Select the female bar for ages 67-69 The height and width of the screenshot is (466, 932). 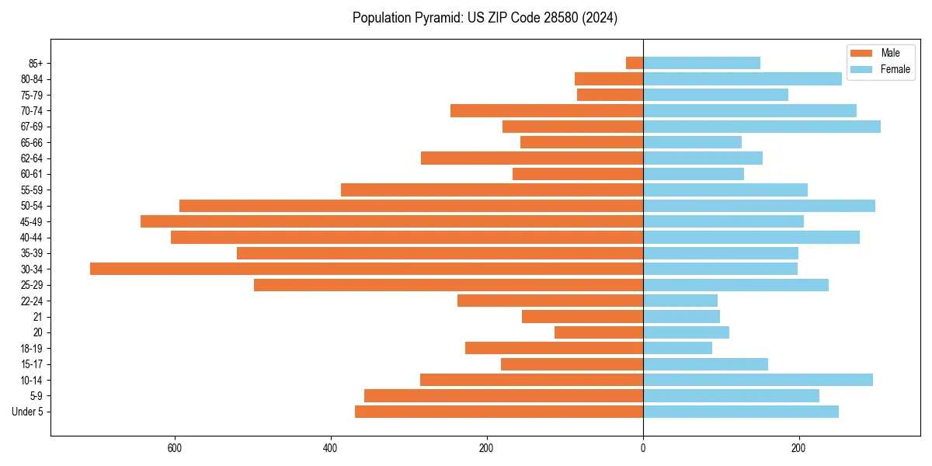coord(761,127)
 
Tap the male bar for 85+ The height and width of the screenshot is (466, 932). coord(635,63)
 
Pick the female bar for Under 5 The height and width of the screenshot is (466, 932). coord(740,412)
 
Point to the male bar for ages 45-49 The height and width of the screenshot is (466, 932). coord(391,221)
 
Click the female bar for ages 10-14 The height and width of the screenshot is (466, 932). coord(757,380)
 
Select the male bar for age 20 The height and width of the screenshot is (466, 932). coord(599,332)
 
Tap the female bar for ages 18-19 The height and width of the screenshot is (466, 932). coord(677,348)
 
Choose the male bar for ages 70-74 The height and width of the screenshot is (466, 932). coord(547,110)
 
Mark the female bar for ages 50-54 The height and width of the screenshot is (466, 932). coord(759,206)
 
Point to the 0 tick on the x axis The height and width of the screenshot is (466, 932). coord(643,448)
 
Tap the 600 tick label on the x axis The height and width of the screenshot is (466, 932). coord(175,448)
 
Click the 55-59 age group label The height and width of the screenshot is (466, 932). coord(30,190)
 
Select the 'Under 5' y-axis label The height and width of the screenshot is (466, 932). coord(27,412)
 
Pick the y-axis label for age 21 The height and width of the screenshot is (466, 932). coord(37,317)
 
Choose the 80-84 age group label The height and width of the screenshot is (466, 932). coord(30,79)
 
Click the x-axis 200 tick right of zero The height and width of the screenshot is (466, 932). coord(798,448)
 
